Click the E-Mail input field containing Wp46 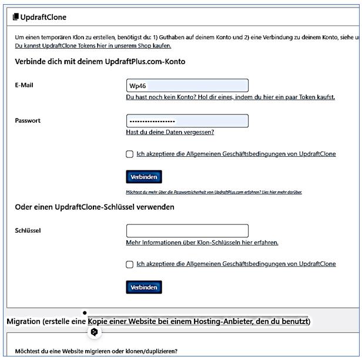[187, 85]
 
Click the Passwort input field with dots [187, 121]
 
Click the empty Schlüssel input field [187, 231]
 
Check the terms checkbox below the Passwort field [129, 154]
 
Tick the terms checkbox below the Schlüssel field [129, 264]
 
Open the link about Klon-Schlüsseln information [202, 242]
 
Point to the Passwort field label [27, 121]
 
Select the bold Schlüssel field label [28, 230]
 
